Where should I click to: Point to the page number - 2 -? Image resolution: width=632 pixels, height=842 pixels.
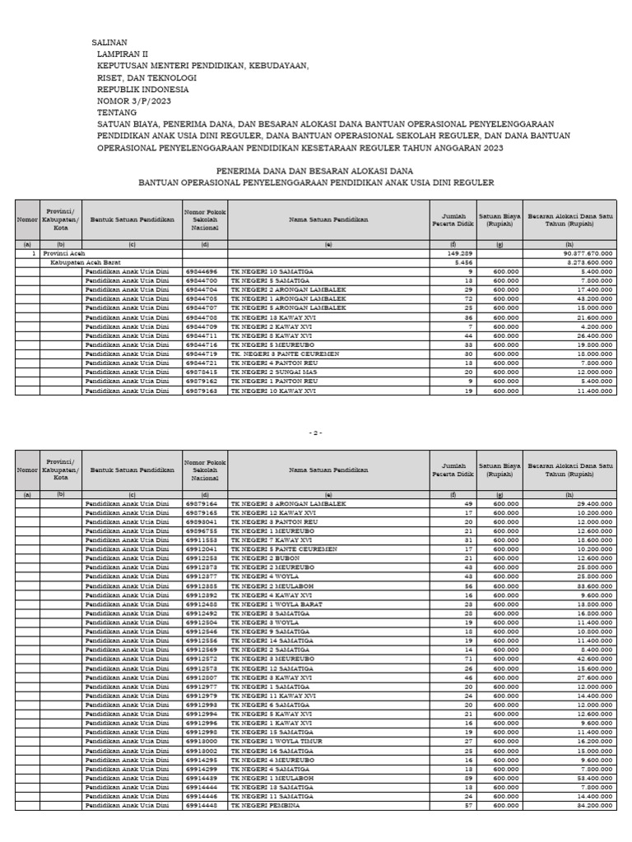[316, 433]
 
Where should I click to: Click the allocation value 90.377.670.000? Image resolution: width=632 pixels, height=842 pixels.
[585, 254]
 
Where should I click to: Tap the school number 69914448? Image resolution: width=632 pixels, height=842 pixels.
[202, 805]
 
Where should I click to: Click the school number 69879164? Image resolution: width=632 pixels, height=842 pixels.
[202, 503]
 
